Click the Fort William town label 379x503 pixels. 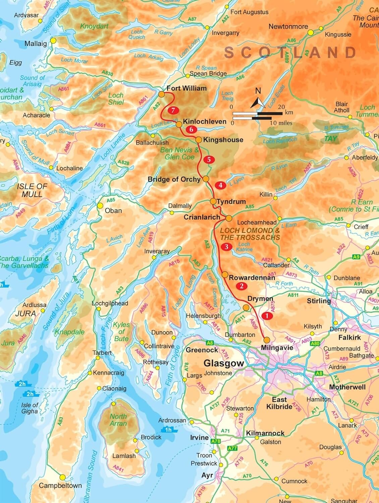(x=186, y=88)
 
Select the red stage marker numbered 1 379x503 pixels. (x=267, y=316)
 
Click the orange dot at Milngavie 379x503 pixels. (x=267, y=339)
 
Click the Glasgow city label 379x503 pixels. (x=224, y=364)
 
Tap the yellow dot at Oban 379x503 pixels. (x=100, y=206)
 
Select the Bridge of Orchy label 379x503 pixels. (x=174, y=179)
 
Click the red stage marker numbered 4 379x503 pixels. (x=220, y=185)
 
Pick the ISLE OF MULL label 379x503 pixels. (x=32, y=190)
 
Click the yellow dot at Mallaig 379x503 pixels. (x=53, y=41)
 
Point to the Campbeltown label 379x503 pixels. (x=60, y=485)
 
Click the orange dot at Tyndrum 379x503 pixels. (x=213, y=202)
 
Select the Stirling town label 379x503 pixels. (x=319, y=301)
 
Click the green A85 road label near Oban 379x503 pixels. (x=111, y=200)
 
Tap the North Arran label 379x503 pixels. (x=118, y=420)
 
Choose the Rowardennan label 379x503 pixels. (x=252, y=278)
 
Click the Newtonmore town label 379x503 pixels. (x=288, y=26)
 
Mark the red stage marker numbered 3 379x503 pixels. (x=226, y=247)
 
